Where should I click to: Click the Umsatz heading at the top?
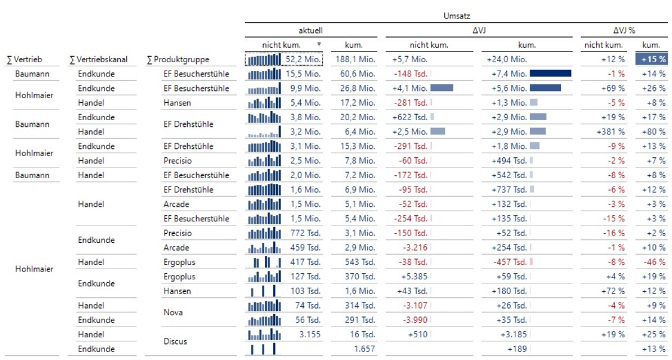pos(457,16)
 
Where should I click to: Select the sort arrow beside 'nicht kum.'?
pos(319,44)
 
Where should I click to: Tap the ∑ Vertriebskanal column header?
pos(99,60)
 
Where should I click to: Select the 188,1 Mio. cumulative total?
pos(355,59)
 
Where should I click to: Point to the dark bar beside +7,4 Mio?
pos(550,74)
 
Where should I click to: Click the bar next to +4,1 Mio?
pos(441,88)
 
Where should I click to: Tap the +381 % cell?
pos(610,132)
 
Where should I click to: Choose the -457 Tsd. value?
pos(509,262)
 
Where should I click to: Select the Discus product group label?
pos(175,341)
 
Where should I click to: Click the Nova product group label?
pos(173,313)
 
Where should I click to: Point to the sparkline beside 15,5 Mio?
pos(264,74)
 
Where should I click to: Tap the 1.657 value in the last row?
pos(364,349)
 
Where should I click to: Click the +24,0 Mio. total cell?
pos(507,59)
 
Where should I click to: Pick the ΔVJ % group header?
pos(624,30)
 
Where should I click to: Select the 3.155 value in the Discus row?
pos(310,334)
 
